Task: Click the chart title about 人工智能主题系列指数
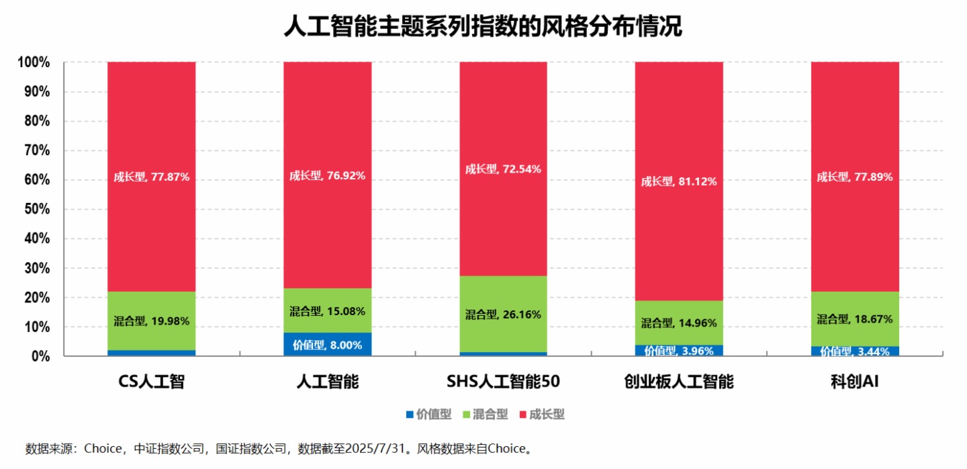tap(483, 27)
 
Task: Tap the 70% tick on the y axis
tap(34, 151)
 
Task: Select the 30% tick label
tap(34, 268)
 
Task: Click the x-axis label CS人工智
tap(151, 382)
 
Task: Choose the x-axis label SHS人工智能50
tap(503, 382)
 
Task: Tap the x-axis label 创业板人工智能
tap(679, 382)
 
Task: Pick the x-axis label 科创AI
tap(854, 382)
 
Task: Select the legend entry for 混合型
tap(485, 415)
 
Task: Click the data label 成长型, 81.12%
tap(679, 181)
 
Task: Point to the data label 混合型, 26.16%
tap(503, 314)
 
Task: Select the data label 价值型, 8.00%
tap(327, 345)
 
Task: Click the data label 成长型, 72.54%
tap(503, 169)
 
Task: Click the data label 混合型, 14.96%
tap(679, 323)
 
